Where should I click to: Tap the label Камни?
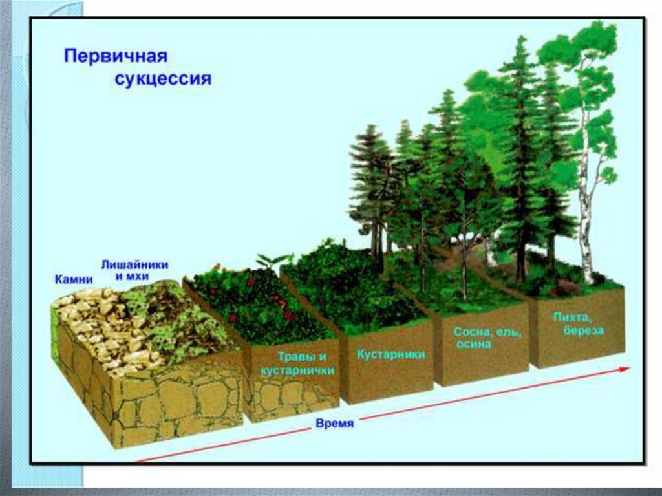point(74,279)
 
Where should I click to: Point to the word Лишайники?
point(135,265)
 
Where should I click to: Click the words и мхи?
point(132,276)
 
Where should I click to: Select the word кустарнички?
point(297,371)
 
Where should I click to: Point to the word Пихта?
point(570,318)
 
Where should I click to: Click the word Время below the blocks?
point(335,424)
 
